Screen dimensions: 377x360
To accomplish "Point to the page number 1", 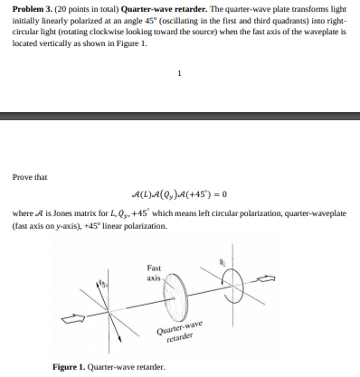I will coord(180,74).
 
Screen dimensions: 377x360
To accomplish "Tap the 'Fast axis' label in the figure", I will coord(155,272).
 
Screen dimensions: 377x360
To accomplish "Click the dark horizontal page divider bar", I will coord(180,116).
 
